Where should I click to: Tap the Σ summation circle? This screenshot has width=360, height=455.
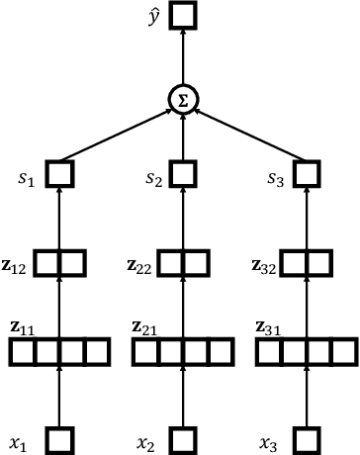[182, 100]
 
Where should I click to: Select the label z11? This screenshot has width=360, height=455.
[22, 326]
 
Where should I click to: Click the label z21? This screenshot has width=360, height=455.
[145, 326]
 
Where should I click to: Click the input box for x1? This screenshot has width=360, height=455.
[60, 439]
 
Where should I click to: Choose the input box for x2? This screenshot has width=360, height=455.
[182, 439]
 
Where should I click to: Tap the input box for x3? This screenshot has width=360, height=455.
[306, 439]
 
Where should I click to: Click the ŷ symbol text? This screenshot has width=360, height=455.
[150, 14]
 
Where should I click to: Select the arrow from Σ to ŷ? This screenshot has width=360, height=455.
[182, 57]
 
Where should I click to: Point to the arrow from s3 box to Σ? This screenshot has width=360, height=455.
[248, 134]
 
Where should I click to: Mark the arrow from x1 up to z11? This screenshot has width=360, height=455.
[60, 396]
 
